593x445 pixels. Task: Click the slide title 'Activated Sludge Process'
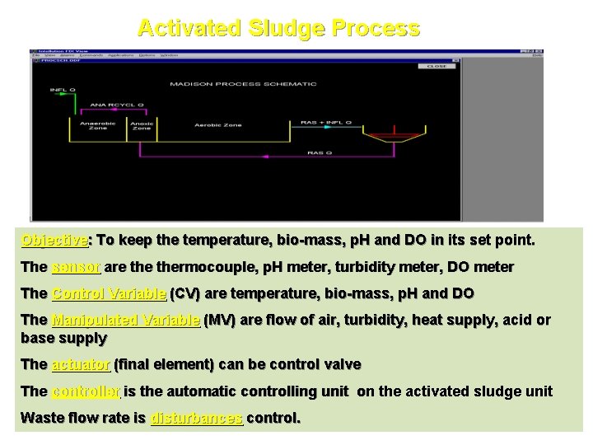tap(278, 29)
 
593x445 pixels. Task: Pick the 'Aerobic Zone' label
tap(217, 124)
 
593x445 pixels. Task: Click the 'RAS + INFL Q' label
tap(326, 123)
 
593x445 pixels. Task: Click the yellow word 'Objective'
tap(54, 241)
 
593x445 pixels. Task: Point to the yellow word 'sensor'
tap(76, 267)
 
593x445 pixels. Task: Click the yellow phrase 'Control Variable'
tap(109, 293)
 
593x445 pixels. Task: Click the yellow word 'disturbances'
tap(196, 418)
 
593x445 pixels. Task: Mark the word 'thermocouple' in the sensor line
tap(176, 267)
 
